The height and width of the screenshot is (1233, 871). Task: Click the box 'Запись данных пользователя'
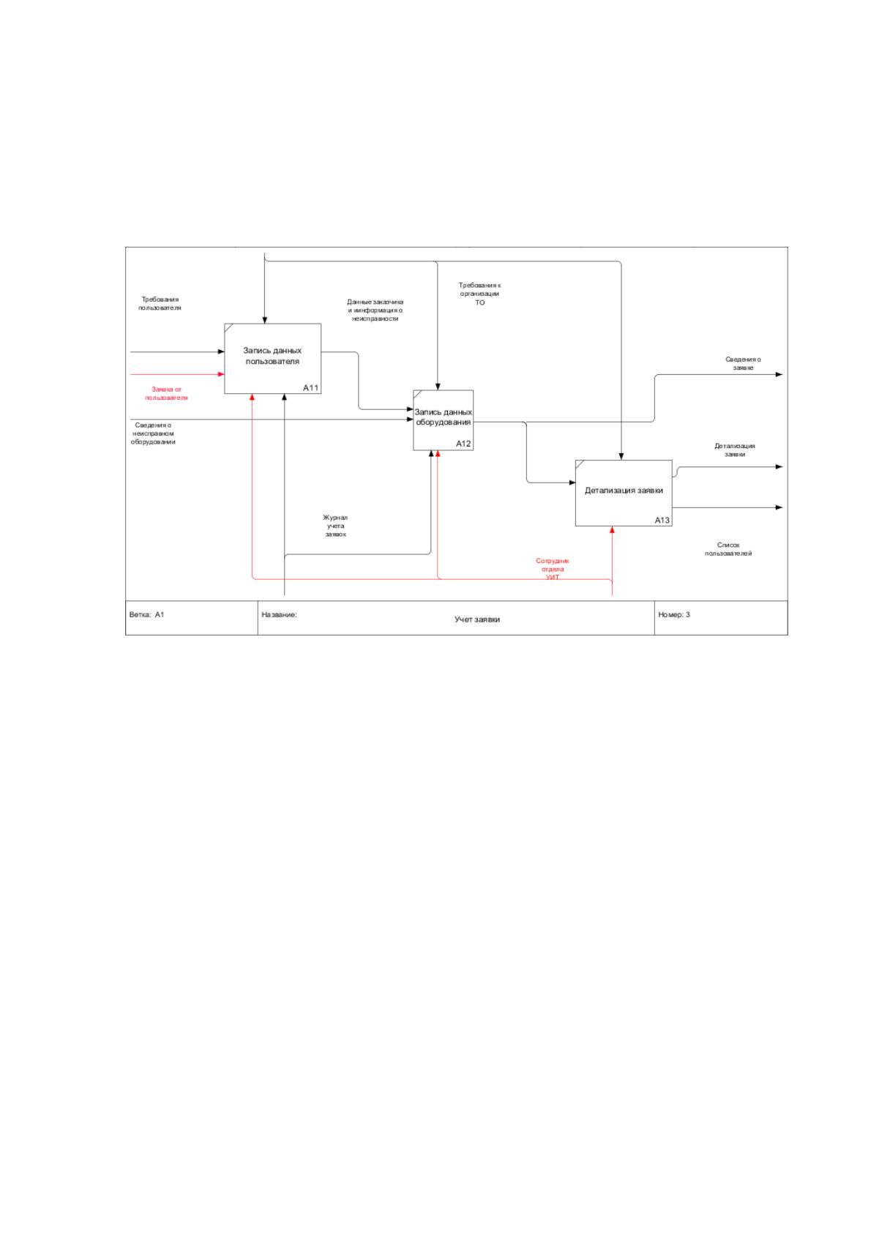[272, 358]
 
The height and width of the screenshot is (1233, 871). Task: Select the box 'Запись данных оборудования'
[443, 420]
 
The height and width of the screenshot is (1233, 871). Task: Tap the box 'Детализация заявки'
[624, 493]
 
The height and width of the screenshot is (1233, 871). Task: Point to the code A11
[311, 387]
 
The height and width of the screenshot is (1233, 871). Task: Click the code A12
[463, 444]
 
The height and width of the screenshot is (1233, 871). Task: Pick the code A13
[662, 520]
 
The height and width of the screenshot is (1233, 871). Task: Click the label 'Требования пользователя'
[160, 304]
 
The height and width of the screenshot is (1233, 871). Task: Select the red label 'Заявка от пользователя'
[166, 393]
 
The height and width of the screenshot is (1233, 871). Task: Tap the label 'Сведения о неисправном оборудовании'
[153, 433]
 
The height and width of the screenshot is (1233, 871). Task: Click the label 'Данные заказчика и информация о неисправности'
[375, 310]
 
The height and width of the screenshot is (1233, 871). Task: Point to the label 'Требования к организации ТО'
[480, 294]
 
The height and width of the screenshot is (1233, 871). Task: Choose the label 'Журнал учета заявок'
[335, 526]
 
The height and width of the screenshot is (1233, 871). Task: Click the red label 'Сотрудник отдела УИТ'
[553, 569]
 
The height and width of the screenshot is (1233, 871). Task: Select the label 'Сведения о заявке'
[743, 363]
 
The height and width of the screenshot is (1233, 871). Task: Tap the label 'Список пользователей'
[728, 549]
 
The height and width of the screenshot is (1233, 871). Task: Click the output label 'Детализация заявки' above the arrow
[735, 450]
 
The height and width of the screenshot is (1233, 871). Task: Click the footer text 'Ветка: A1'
[147, 614]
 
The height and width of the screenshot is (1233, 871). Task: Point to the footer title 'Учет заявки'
[477, 619]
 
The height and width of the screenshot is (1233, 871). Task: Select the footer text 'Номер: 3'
[674, 614]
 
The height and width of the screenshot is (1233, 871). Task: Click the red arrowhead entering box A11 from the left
[221, 374]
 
